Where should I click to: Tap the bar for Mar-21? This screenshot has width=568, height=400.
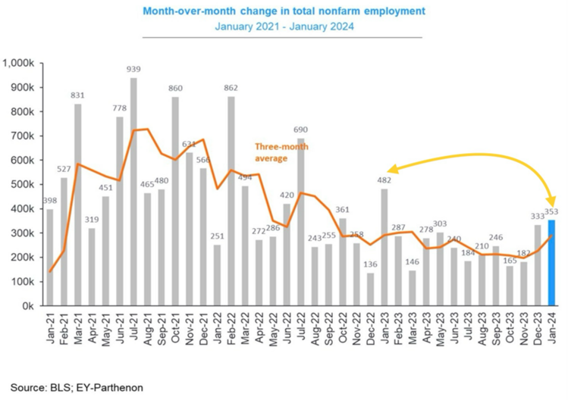click(x=77, y=205)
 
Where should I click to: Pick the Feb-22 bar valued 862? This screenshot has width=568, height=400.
click(x=231, y=201)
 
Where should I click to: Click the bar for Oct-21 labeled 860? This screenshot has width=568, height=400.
click(x=175, y=201)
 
